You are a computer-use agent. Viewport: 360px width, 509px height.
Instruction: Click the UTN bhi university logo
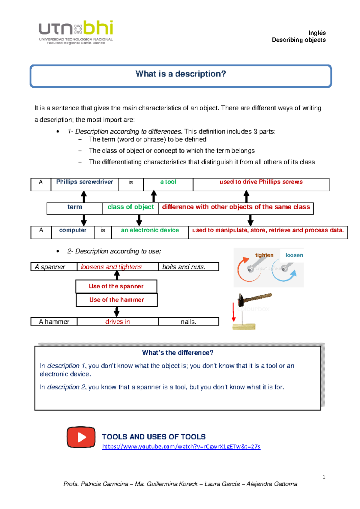[x=76, y=32]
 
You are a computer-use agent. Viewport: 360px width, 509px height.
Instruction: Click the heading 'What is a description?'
[x=181, y=74]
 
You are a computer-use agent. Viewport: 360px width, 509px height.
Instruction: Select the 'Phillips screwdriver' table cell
[x=85, y=182]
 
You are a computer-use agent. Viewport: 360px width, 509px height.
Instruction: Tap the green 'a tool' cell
[x=168, y=182]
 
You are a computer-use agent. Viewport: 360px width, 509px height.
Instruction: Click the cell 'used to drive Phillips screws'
[x=261, y=182]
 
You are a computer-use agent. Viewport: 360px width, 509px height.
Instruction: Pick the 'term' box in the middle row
[x=75, y=207]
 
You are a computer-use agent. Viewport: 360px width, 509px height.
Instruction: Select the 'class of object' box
[x=130, y=207]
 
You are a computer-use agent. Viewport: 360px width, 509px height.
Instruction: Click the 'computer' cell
[x=73, y=231]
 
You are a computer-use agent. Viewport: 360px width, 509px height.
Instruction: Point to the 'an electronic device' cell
[x=150, y=231]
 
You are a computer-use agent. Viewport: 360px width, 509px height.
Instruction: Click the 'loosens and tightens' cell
[x=111, y=267]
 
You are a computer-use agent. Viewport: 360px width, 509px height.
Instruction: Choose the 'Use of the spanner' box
[x=116, y=286]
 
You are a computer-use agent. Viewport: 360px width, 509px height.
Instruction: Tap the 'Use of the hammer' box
[x=116, y=300]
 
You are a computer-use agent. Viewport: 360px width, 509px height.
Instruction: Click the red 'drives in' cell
[x=117, y=322]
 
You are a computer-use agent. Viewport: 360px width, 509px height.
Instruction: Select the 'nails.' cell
[x=188, y=322]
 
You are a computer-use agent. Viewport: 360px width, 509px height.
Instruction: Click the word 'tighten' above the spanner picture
[x=264, y=255]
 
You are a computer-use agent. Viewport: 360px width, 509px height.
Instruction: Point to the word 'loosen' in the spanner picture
[x=294, y=255]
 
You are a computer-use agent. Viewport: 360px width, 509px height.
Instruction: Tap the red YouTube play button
[x=81, y=437]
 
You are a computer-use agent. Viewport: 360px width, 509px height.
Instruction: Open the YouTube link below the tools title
[x=181, y=447]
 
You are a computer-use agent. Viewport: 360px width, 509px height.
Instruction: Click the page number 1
[x=324, y=477]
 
